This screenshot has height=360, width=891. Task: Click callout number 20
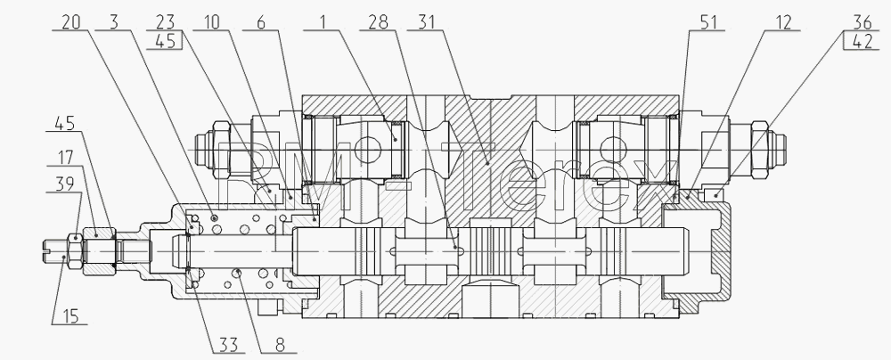[x=71, y=22]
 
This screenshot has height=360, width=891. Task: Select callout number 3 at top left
[x=114, y=22]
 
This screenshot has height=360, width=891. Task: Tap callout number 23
[x=164, y=22]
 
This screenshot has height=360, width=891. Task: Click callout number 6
[x=260, y=22]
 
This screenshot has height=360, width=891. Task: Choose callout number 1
[x=323, y=22]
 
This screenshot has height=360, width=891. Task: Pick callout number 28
[x=378, y=22]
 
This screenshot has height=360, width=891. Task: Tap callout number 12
[x=781, y=22]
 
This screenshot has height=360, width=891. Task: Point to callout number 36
[x=862, y=22]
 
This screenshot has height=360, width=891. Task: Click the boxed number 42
[x=862, y=42]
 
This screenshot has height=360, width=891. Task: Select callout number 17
[x=66, y=157]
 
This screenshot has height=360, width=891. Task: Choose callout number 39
[x=66, y=184]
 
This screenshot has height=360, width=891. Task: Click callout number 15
[x=69, y=316]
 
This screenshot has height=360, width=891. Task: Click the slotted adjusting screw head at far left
[x=55, y=250]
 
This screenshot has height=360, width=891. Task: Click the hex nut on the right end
[x=760, y=144]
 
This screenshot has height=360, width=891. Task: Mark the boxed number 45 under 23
[x=164, y=42]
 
